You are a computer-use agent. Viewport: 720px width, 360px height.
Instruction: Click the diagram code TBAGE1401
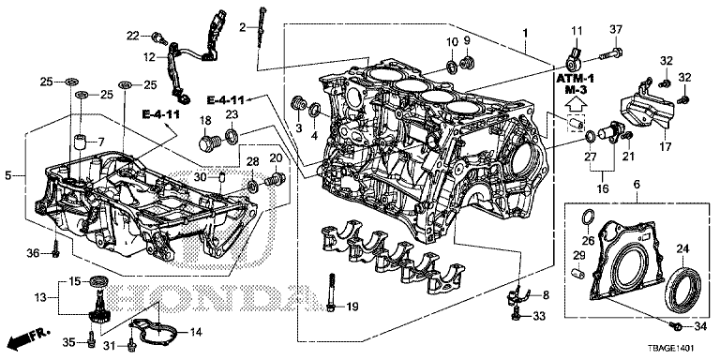[669, 349]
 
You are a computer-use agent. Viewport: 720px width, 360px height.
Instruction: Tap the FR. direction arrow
[26, 339]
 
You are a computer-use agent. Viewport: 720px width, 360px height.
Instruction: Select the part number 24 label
[682, 249]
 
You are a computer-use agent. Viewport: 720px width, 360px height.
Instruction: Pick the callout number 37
[615, 30]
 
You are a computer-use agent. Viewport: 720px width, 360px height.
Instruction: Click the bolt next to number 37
[610, 53]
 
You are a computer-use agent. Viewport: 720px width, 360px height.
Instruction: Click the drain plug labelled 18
[206, 142]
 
